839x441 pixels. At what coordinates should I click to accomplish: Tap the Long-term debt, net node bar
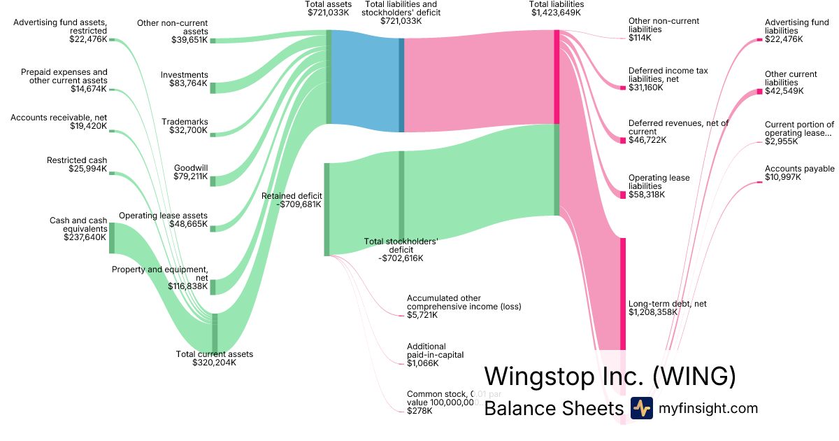[x=622, y=294]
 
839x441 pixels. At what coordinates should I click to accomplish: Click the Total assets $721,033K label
[x=329, y=8]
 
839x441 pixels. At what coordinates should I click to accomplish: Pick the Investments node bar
[x=213, y=87]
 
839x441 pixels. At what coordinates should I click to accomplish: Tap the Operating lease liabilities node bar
[x=622, y=195]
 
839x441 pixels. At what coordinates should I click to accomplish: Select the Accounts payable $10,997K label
[x=799, y=174]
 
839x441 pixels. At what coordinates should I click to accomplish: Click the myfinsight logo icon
[x=641, y=408]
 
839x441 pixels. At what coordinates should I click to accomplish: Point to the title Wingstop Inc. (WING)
[x=610, y=376]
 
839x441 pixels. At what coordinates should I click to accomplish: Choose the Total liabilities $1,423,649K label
[x=557, y=8]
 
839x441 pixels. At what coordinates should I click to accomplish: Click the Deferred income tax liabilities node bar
[x=622, y=87]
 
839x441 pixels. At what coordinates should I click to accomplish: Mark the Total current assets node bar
[x=215, y=332]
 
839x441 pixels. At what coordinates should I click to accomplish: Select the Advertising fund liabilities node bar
[x=759, y=41]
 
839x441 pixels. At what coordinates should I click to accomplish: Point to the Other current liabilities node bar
[x=759, y=91]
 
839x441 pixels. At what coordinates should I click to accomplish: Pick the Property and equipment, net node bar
[x=213, y=287]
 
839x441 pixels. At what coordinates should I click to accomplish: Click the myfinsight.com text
[x=708, y=408]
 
